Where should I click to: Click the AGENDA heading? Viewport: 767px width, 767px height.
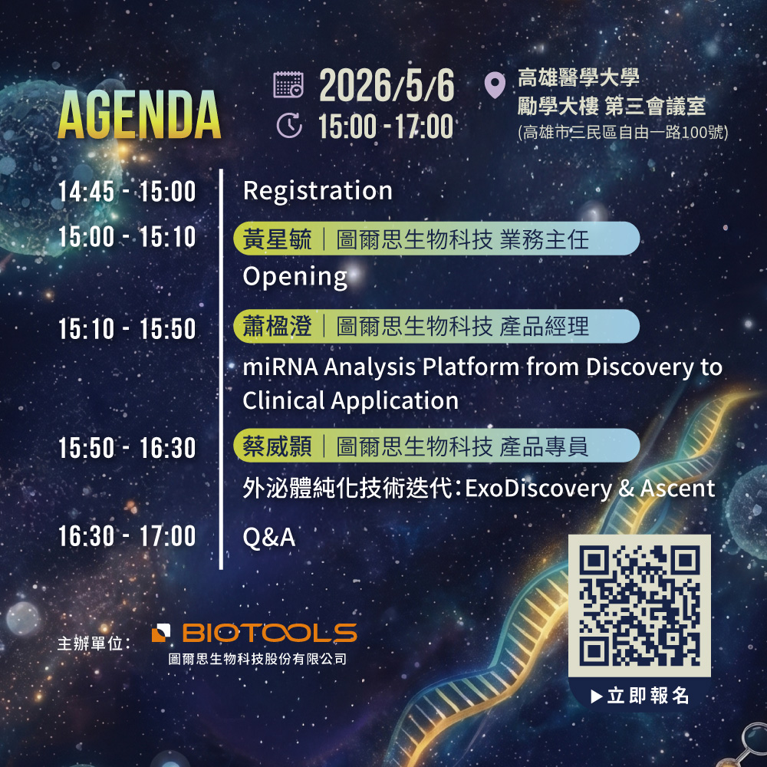point(140,115)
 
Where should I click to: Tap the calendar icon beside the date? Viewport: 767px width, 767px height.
point(288,84)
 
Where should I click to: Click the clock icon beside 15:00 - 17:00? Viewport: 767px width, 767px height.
point(289,125)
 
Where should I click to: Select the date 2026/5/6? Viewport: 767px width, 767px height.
point(387,85)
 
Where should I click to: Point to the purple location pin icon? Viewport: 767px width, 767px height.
point(495,85)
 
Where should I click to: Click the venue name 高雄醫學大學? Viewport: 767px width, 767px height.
point(578,78)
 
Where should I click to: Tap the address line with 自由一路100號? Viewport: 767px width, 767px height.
point(623,133)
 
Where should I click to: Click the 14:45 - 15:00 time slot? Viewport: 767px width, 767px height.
point(127,191)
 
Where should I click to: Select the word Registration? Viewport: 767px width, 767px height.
point(318,190)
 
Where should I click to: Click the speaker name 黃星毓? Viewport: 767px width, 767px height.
point(277,239)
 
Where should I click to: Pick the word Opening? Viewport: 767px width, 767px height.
point(295,277)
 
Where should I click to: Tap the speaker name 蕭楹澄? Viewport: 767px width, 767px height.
point(277,326)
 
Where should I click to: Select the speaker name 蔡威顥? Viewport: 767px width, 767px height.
point(277,446)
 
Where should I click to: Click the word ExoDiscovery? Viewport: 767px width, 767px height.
point(538,488)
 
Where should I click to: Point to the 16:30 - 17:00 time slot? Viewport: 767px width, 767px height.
point(127,536)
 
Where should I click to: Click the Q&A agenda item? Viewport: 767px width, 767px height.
point(269,538)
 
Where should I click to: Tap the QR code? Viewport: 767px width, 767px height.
point(640,606)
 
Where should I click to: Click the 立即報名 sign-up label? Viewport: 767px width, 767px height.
point(647,696)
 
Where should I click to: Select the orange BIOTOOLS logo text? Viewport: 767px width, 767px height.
point(269,633)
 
